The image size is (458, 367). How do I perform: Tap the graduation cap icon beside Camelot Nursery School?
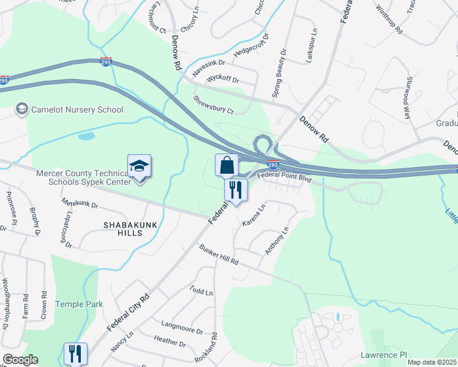22,109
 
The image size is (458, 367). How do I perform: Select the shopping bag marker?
226,166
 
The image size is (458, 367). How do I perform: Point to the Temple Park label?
79,304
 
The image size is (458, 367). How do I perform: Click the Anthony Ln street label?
276,242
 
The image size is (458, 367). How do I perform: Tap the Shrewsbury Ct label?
213,105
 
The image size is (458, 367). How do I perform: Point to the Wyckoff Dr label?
222,80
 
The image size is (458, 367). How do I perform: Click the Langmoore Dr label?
181,327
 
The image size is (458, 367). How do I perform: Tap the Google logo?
20,360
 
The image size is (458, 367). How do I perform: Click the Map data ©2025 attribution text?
432,363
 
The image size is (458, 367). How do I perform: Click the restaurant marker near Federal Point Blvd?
235,190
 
